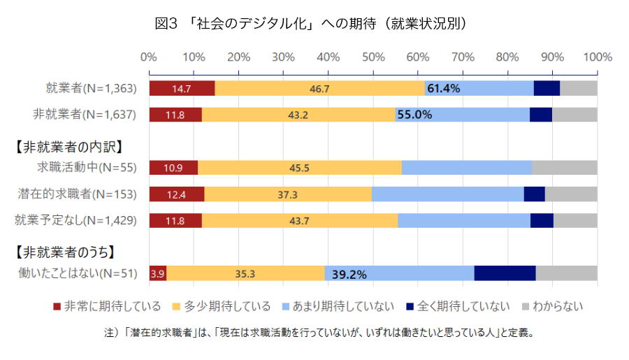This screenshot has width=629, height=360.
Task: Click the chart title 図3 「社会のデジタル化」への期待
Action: point(310,24)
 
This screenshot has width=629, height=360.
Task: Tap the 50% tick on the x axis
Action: point(373,57)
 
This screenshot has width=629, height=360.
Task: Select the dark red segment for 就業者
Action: point(182,88)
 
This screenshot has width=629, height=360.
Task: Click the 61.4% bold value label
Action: point(443,88)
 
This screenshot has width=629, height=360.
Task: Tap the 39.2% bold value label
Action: point(349,274)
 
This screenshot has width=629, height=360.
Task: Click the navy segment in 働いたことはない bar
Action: point(505,273)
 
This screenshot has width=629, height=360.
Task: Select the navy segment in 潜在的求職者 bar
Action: point(534,194)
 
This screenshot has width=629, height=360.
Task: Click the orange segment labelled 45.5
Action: point(300,168)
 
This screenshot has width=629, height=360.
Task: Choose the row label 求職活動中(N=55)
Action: point(87,167)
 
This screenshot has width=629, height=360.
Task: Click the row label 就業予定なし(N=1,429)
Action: point(75,220)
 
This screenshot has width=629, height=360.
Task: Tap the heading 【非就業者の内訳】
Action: point(68,147)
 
